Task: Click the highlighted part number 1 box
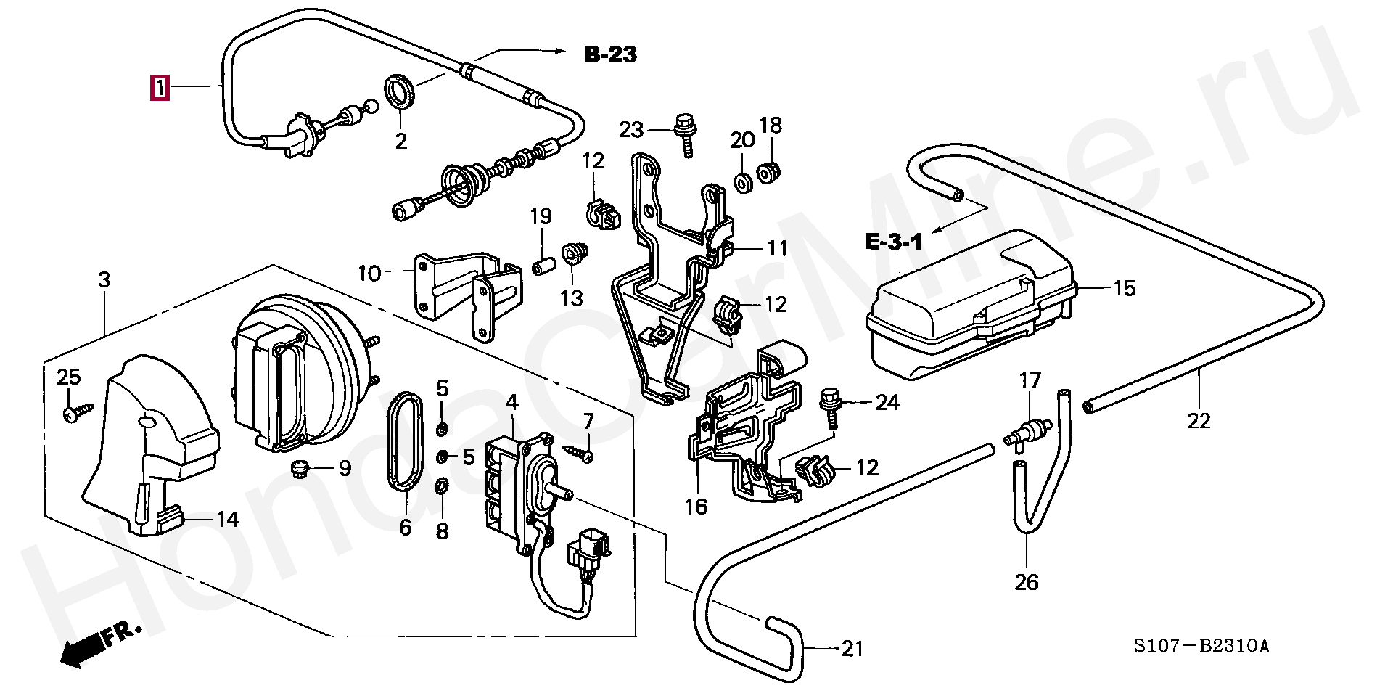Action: [x=160, y=88]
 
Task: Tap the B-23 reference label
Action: [x=611, y=54]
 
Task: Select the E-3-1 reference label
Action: [x=893, y=242]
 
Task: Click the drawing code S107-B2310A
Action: [x=1201, y=646]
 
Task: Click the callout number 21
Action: [x=852, y=648]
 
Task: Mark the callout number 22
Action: [x=1199, y=421]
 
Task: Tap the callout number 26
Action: [x=1027, y=582]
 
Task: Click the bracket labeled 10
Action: [x=468, y=292]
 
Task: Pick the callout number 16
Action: [x=696, y=507]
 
